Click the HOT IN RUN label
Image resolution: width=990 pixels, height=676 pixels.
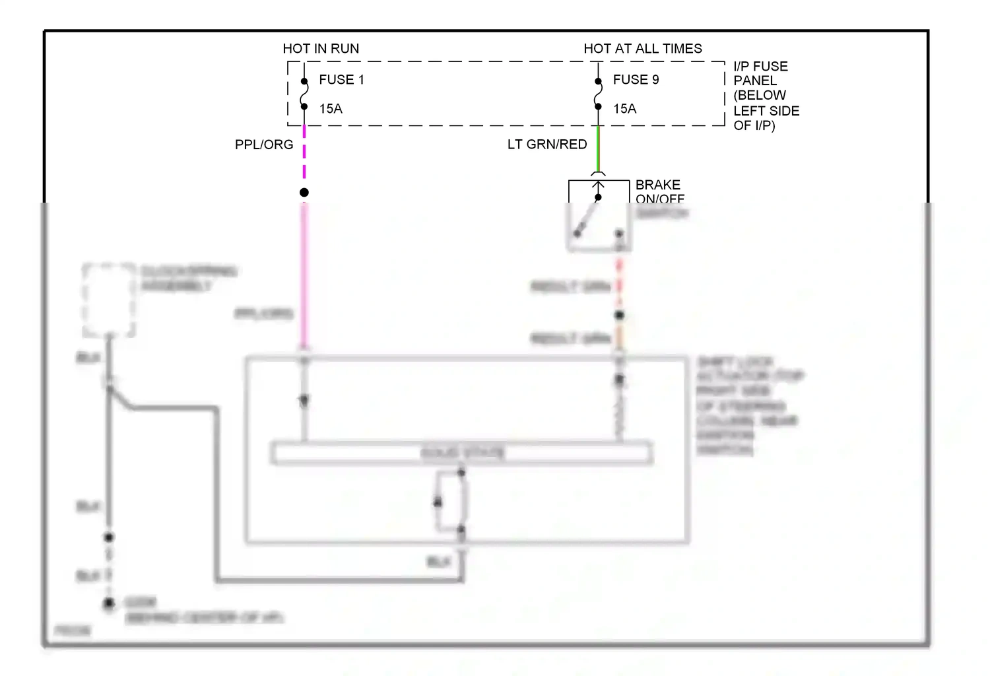tap(321, 48)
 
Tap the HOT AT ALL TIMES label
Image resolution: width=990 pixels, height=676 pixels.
tap(642, 48)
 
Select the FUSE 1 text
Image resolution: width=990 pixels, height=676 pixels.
tap(341, 79)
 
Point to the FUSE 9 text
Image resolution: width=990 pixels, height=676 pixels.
tap(636, 79)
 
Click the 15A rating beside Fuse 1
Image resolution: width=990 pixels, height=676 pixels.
tap(331, 109)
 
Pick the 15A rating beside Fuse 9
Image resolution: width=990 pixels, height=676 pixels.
tap(624, 109)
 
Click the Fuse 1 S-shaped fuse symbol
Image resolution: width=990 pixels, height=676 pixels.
tap(304, 94)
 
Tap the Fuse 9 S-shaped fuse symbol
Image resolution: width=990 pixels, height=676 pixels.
tap(598, 94)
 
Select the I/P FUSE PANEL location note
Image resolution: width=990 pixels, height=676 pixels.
tap(766, 96)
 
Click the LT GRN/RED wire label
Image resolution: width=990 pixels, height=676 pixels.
tap(546, 145)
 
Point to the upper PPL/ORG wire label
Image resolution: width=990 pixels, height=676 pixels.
tap(264, 145)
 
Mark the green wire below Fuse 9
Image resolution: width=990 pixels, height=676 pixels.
tap(598, 149)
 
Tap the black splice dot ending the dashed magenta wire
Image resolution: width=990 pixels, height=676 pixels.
tap(304, 193)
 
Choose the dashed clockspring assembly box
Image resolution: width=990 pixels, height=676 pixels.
tap(109, 300)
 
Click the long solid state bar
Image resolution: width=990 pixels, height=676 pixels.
tap(462, 454)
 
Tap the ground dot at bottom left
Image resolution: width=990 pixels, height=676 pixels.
tap(109, 603)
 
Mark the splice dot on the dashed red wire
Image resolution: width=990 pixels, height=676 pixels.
tap(619, 315)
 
